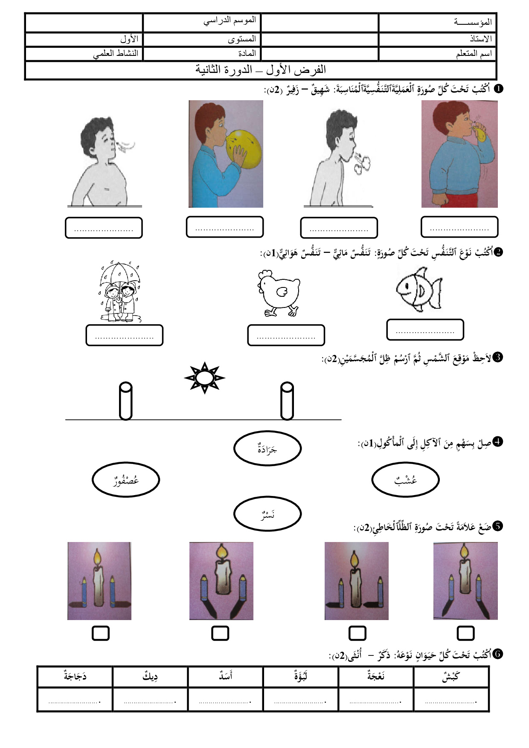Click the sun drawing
(204, 378)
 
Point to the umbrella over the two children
(120, 273)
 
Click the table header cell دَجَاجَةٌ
(75, 676)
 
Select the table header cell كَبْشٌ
(451, 676)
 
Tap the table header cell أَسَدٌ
(225, 676)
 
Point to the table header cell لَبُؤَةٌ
(301, 676)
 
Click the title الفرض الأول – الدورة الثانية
(261, 70)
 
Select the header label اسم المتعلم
(474, 54)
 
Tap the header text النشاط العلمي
(116, 54)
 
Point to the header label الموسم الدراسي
(230, 20)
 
